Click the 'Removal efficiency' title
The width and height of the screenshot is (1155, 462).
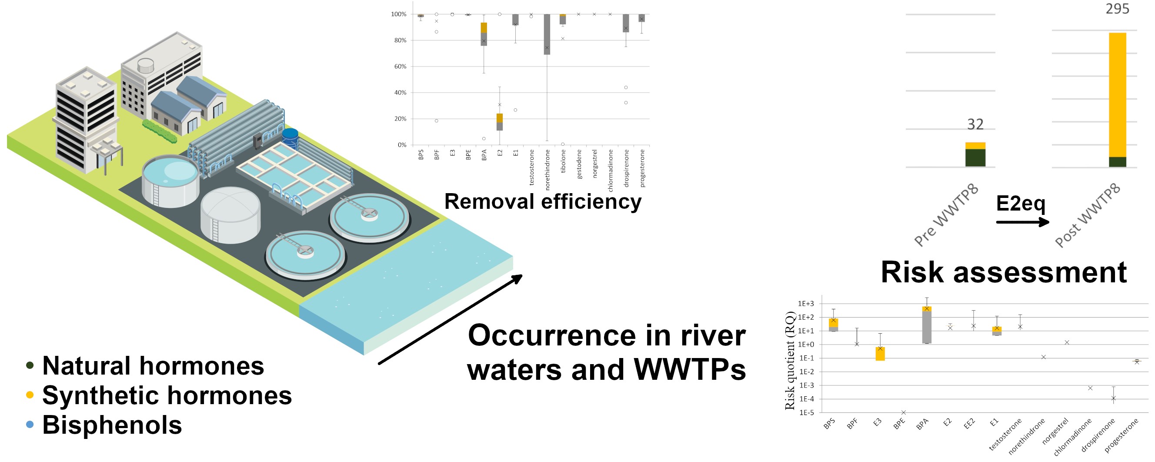(543, 202)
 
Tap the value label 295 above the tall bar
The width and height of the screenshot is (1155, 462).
(1117, 9)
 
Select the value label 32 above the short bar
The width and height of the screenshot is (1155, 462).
(975, 124)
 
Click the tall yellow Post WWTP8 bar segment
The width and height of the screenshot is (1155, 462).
(1117, 95)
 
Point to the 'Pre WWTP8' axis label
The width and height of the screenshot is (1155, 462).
(947, 215)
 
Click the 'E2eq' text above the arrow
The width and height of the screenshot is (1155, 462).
(1021, 204)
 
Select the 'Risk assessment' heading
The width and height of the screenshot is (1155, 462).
(1004, 272)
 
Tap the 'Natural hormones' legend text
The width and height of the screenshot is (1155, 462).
(153, 365)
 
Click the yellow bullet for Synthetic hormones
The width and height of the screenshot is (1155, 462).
(30, 395)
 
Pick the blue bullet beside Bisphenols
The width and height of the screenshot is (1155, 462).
(30, 424)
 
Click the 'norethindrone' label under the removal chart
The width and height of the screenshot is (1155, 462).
(547, 170)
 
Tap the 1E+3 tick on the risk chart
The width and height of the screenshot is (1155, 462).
(806, 304)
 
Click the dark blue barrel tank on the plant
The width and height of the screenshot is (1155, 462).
(290, 138)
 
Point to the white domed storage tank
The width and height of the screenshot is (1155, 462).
(230, 214)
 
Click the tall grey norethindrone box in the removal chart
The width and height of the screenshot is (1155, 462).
(547, 34)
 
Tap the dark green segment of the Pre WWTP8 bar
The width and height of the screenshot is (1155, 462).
(975, 158)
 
